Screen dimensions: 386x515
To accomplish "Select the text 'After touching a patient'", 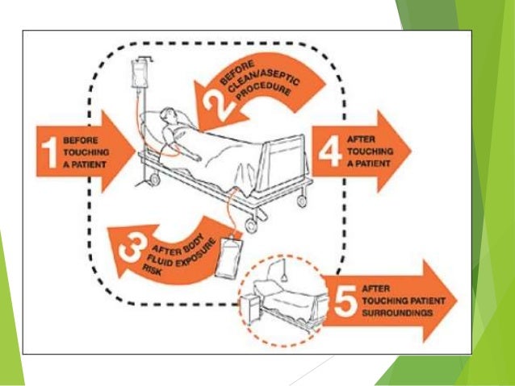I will point(368,149).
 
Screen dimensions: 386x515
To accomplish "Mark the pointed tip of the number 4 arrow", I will point(410,149).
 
